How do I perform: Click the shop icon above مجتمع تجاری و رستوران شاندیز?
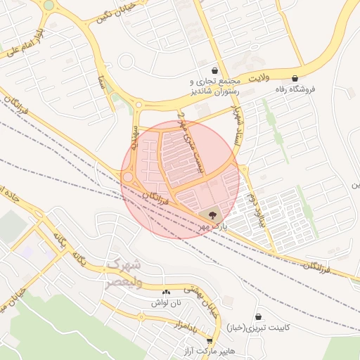click(214, 71)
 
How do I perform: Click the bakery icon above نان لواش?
click(167, 292)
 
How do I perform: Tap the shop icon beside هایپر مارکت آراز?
click(210, 340)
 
